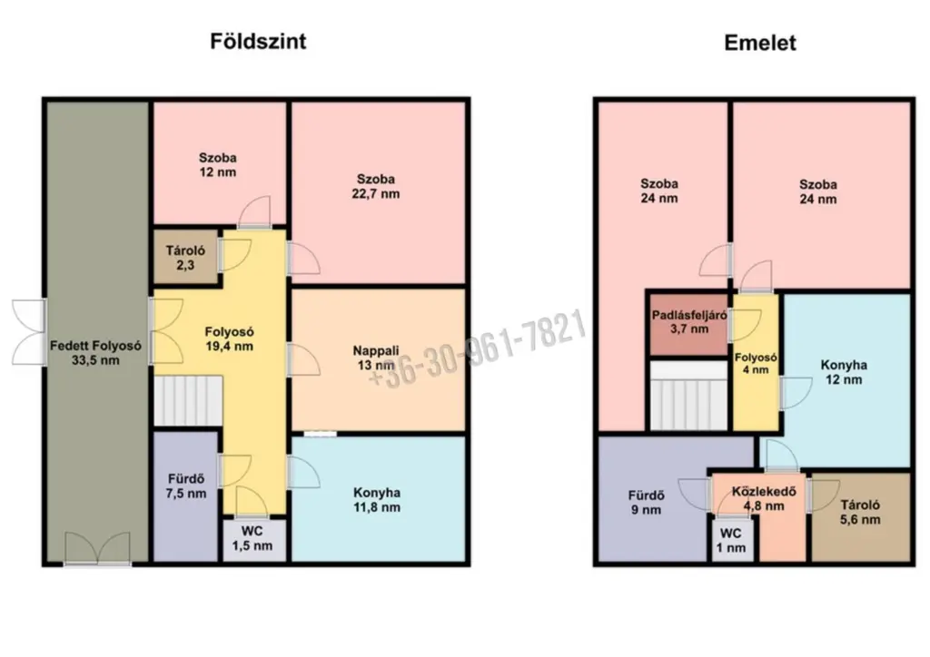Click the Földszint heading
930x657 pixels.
[x=258, y=42]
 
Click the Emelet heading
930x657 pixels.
[x=760, y=43]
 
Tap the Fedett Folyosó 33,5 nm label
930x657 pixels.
[x=95, y=352]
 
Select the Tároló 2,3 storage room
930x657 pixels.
[x=185, y=257]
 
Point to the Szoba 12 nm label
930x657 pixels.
[x=218, y=165]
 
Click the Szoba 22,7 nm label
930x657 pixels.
[x=376, y=186]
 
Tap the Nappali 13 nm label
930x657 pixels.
[x=376, y=358]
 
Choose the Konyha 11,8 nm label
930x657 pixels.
[x=377, y=500]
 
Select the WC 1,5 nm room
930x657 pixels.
[x=253, y=539]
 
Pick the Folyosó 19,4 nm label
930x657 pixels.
[x=230, y=338]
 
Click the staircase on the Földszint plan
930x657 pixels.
[x=188, y=401]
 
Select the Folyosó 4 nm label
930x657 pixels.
[x=756, y=364]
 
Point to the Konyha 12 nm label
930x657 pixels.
[x=844, y=372]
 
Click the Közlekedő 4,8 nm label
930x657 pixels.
[x=764, y=499]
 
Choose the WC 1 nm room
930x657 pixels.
[x=734, y=540]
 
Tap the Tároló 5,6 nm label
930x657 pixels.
[x=860, y=513]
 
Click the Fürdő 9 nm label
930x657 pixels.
[x=647, y=503]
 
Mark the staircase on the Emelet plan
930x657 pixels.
[x=689, y=395]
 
